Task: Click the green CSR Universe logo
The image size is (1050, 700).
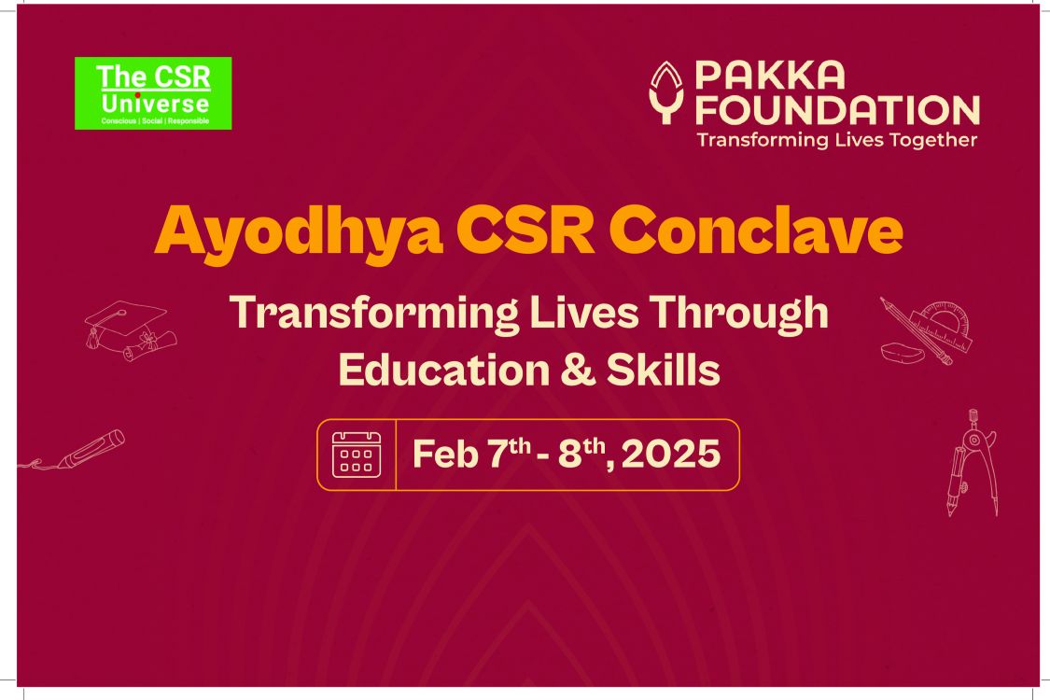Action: coord(153,93)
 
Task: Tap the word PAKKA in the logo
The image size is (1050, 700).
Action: coord(770,76)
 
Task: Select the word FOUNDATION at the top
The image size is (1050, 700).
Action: coord(838,110)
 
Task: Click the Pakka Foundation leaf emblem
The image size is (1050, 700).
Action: coord(667,92)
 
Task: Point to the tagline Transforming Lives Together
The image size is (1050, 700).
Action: coord(837,140)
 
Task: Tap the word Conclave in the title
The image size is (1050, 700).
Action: coord(756,231)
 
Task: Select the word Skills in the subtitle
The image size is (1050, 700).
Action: coord(663,369)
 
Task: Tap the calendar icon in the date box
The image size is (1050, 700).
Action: coord(357,455)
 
